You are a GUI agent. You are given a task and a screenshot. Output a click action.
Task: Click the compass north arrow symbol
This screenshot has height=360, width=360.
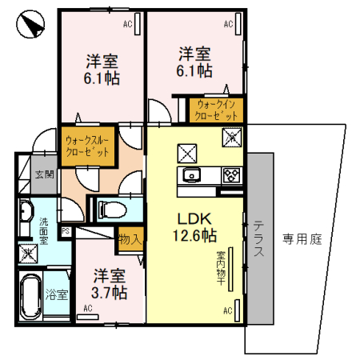click(x=30, y=26)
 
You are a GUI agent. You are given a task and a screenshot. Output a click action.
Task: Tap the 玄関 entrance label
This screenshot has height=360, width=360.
click(x=43, y=174)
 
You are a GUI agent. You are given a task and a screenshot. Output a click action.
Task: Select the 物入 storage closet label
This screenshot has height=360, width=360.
click(x=130, y=238)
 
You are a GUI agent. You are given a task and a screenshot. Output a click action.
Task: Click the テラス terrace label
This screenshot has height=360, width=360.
click(x=258, y=238)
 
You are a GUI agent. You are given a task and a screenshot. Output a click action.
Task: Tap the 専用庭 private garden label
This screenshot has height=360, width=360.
click(x=301, y=238)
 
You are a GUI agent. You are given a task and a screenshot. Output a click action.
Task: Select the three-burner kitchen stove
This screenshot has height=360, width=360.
click(x=231, y=176)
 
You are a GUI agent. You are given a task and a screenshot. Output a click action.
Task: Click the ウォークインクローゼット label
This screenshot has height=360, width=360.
click(x=214, y=110)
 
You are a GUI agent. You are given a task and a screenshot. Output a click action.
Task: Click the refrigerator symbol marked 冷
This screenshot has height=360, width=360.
click(x=231, y=136)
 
